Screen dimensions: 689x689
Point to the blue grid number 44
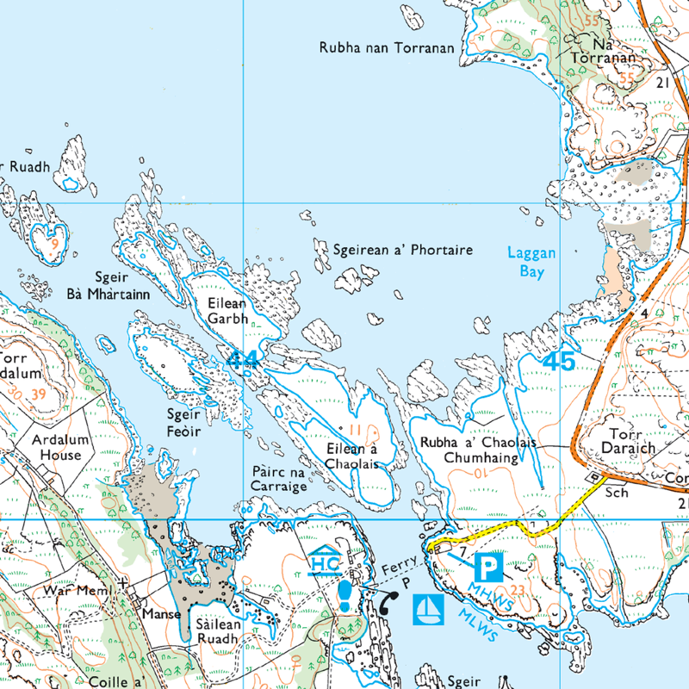point(242,360)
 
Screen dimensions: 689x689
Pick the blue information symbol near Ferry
point(345,595)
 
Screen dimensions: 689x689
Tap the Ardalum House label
point(56,446)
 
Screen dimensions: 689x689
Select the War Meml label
point(79,593)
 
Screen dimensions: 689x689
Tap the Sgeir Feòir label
point(183,421)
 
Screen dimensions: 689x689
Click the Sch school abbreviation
point(615,493)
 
